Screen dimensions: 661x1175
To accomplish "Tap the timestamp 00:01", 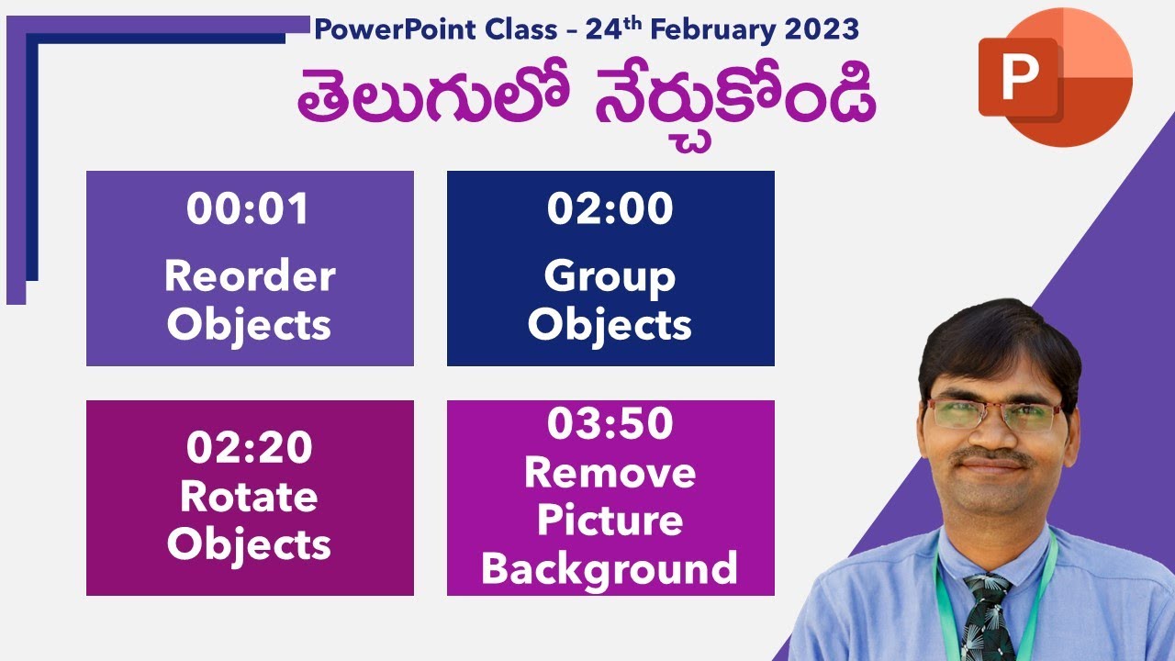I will click(249, 209).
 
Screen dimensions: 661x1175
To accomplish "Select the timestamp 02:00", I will click(610, 209).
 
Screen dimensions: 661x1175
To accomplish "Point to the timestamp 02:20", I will click(249, 448).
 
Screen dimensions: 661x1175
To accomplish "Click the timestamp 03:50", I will click(610, 424).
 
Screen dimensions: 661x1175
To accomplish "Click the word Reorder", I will click(250, 276).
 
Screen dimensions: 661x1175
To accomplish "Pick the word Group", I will click(610, 276).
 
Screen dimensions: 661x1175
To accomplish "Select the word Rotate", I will click(249, 497).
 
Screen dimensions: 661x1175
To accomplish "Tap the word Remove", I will click(610, 473).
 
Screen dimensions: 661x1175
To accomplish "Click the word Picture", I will click(610, 521).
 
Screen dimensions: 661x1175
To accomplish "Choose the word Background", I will click(610, 568).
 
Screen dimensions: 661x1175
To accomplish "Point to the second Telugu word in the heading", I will click(734, 103).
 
